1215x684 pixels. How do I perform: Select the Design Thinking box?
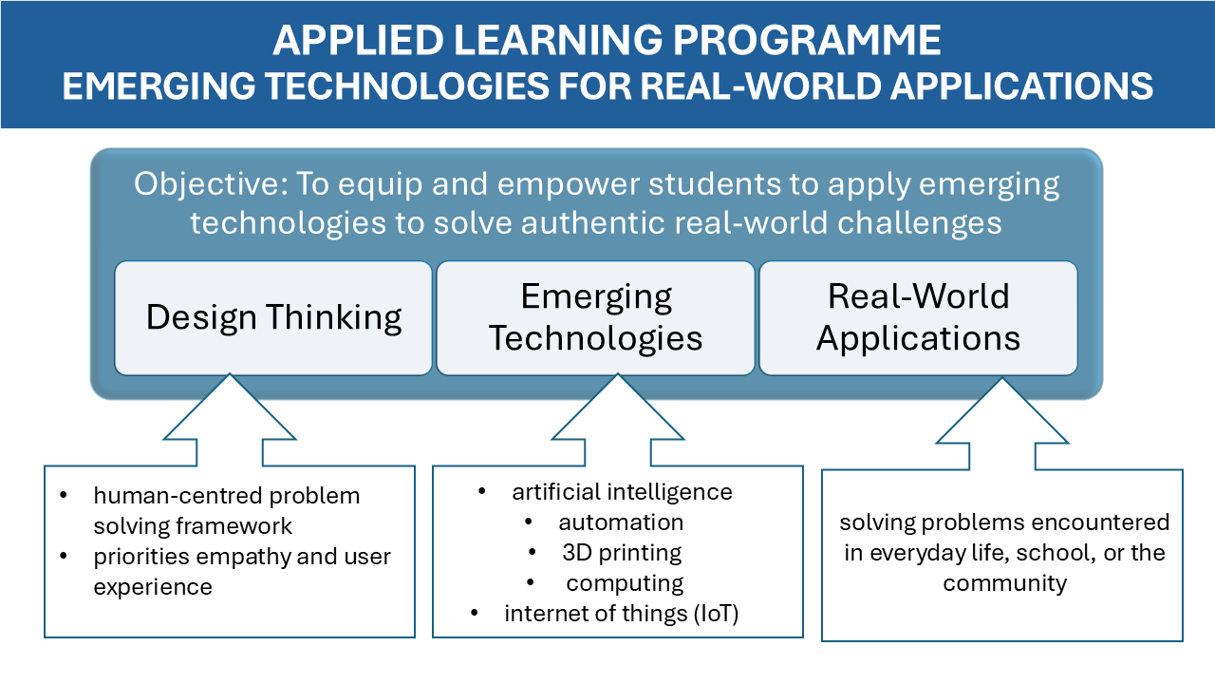point(273,317)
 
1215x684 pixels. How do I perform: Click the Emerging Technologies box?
point(595,317)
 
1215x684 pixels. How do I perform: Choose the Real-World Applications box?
point(918,317)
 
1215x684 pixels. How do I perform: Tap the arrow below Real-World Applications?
point(1002,420)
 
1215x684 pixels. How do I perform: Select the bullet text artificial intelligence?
point(622,492)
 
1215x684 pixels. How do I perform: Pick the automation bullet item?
point(621,522)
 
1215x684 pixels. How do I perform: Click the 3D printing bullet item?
point(622,553)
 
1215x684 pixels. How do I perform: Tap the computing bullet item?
point(625,583)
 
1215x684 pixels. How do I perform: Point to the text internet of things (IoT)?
point(621,614)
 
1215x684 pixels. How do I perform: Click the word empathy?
point(242,557)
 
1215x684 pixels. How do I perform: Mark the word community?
point(1004,583)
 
